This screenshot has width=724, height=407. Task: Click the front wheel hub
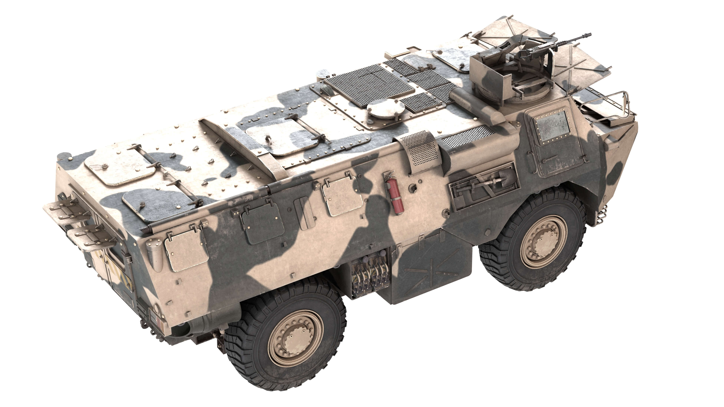point(543,242)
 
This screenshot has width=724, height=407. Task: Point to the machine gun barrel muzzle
point(589,35)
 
